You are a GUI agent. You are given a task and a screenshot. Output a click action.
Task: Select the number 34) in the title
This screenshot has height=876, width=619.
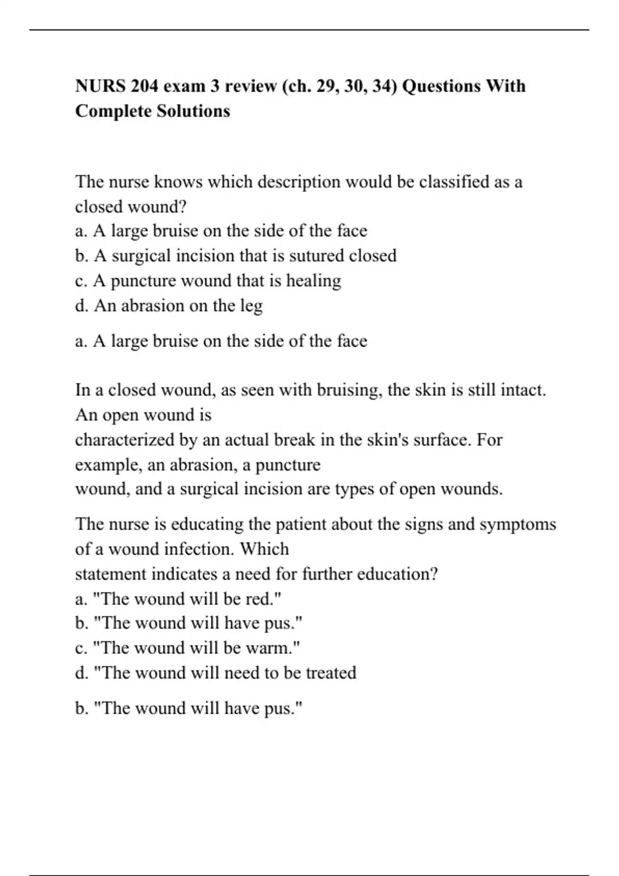click(x=384, y=86)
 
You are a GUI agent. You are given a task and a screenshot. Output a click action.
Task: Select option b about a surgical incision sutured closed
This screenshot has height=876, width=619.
click(x=236, y=256)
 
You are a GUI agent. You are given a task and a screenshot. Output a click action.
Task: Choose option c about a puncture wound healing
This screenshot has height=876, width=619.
click(x=208, y=281)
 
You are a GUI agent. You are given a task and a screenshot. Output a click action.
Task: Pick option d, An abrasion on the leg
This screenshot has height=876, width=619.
click(x=169, y=306)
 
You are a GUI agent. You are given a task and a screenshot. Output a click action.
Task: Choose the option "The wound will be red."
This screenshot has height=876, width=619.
click(x=178, y=599)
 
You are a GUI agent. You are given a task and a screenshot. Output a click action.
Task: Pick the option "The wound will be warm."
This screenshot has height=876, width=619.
click(x=187, y=648)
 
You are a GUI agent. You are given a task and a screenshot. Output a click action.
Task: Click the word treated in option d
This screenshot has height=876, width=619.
click(x=331, y=673)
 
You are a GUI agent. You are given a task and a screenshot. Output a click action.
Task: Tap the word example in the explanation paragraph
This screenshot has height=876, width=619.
click(x=108, y=465)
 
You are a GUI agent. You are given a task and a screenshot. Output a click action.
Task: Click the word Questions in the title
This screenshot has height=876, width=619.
click(x=440, y=86)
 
